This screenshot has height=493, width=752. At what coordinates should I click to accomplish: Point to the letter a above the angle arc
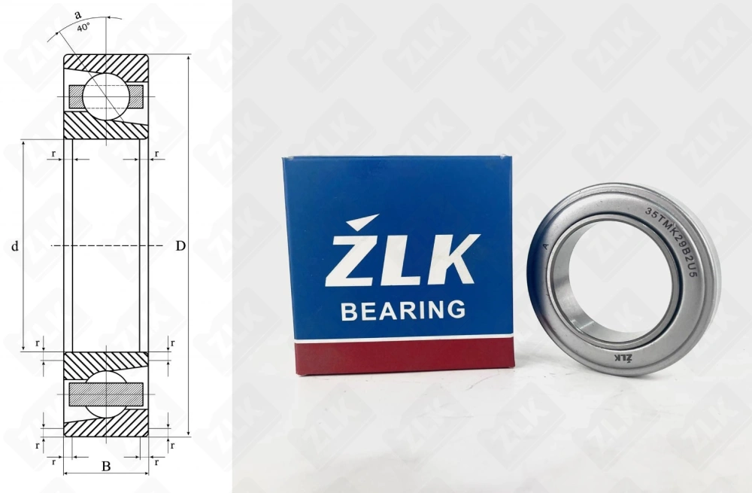(x=77, y=14)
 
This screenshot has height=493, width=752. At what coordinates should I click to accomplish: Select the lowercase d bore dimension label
(x=15, y=246)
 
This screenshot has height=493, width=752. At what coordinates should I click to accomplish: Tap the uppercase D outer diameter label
(x=180, y=246)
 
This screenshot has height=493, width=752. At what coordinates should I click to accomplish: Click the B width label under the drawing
(x=106, y=467)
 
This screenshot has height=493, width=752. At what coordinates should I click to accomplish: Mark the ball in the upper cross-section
(x=105, y=96)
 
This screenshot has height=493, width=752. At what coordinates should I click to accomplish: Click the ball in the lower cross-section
(x=105, y=394)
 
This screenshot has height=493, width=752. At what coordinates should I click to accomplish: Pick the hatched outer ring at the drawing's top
(x=106, y=63)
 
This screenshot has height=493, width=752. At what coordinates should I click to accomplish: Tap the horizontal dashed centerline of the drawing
(x=106, y=246)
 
